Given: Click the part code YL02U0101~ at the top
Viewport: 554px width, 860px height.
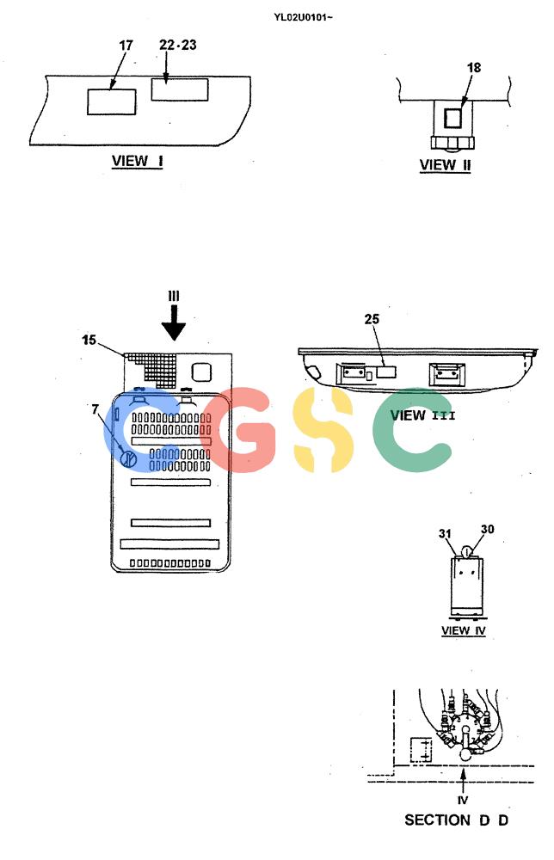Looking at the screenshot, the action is (304, 17).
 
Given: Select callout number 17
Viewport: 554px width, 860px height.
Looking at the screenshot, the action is (126, 45).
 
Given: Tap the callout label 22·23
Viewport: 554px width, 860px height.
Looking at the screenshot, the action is (178, 45).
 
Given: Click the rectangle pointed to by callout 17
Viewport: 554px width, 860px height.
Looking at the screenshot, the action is (111, 102).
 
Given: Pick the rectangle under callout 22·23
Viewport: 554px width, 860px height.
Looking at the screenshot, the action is (180, 90).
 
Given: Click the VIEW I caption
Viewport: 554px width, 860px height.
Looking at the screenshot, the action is (137, 162).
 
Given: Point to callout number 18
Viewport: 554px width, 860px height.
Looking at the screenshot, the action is (474, 67).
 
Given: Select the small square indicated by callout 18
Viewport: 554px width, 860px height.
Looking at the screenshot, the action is (452, 118).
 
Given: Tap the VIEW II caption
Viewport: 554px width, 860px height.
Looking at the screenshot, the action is (445, 165).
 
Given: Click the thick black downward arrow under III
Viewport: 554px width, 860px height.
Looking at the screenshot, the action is (173, 323).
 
